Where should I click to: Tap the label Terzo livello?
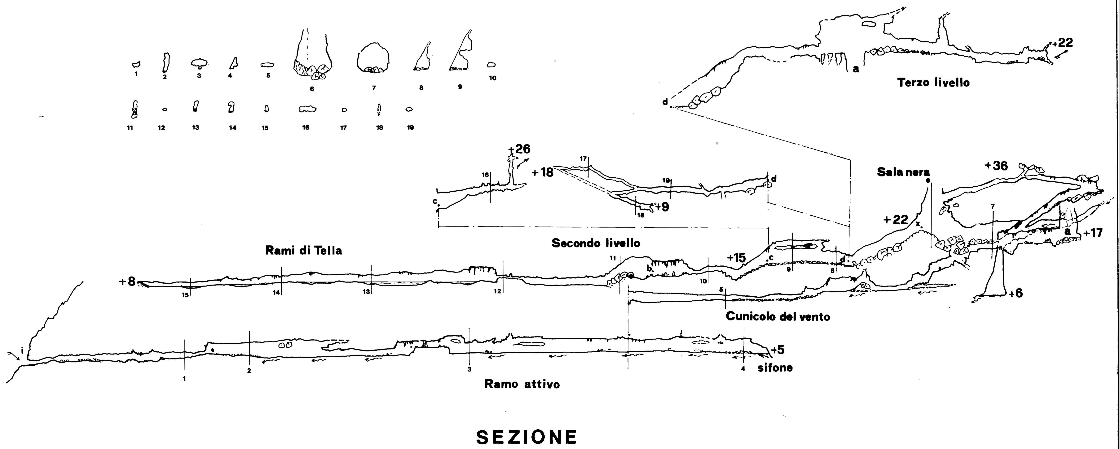pos(933,83)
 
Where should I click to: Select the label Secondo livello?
pos(596,243)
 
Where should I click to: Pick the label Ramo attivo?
pos(522,384)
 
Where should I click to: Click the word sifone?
pos(775,368)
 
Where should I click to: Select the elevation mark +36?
pos(996,166)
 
